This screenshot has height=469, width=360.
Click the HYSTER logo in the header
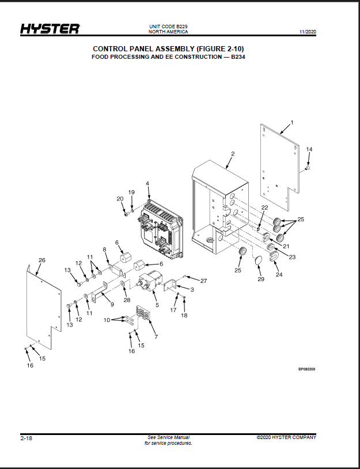(50, 29)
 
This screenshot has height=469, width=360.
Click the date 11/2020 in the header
(308, 32)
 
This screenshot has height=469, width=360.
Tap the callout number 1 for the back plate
(292, 122)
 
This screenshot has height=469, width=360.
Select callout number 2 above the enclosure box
(233, 154)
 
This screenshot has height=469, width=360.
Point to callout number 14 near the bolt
(309, 149)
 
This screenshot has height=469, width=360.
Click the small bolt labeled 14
(307, 169)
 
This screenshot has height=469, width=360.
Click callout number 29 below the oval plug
(261, 279)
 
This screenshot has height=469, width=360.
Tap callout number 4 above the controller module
(147, 183)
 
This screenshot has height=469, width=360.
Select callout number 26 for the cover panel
(42, 260)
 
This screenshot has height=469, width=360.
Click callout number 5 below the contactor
(157, 305)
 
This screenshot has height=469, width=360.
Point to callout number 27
(204, 281)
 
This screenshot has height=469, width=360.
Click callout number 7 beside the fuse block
(156, 337)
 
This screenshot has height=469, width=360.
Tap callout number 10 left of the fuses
(107, 320)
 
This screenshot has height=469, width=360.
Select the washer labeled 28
(123, 283)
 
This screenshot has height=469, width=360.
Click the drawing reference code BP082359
(306, 369)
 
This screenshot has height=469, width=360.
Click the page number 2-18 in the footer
(26, 438)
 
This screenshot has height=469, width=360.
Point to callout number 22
(264, 207)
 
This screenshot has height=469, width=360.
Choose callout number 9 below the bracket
(112, 304)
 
